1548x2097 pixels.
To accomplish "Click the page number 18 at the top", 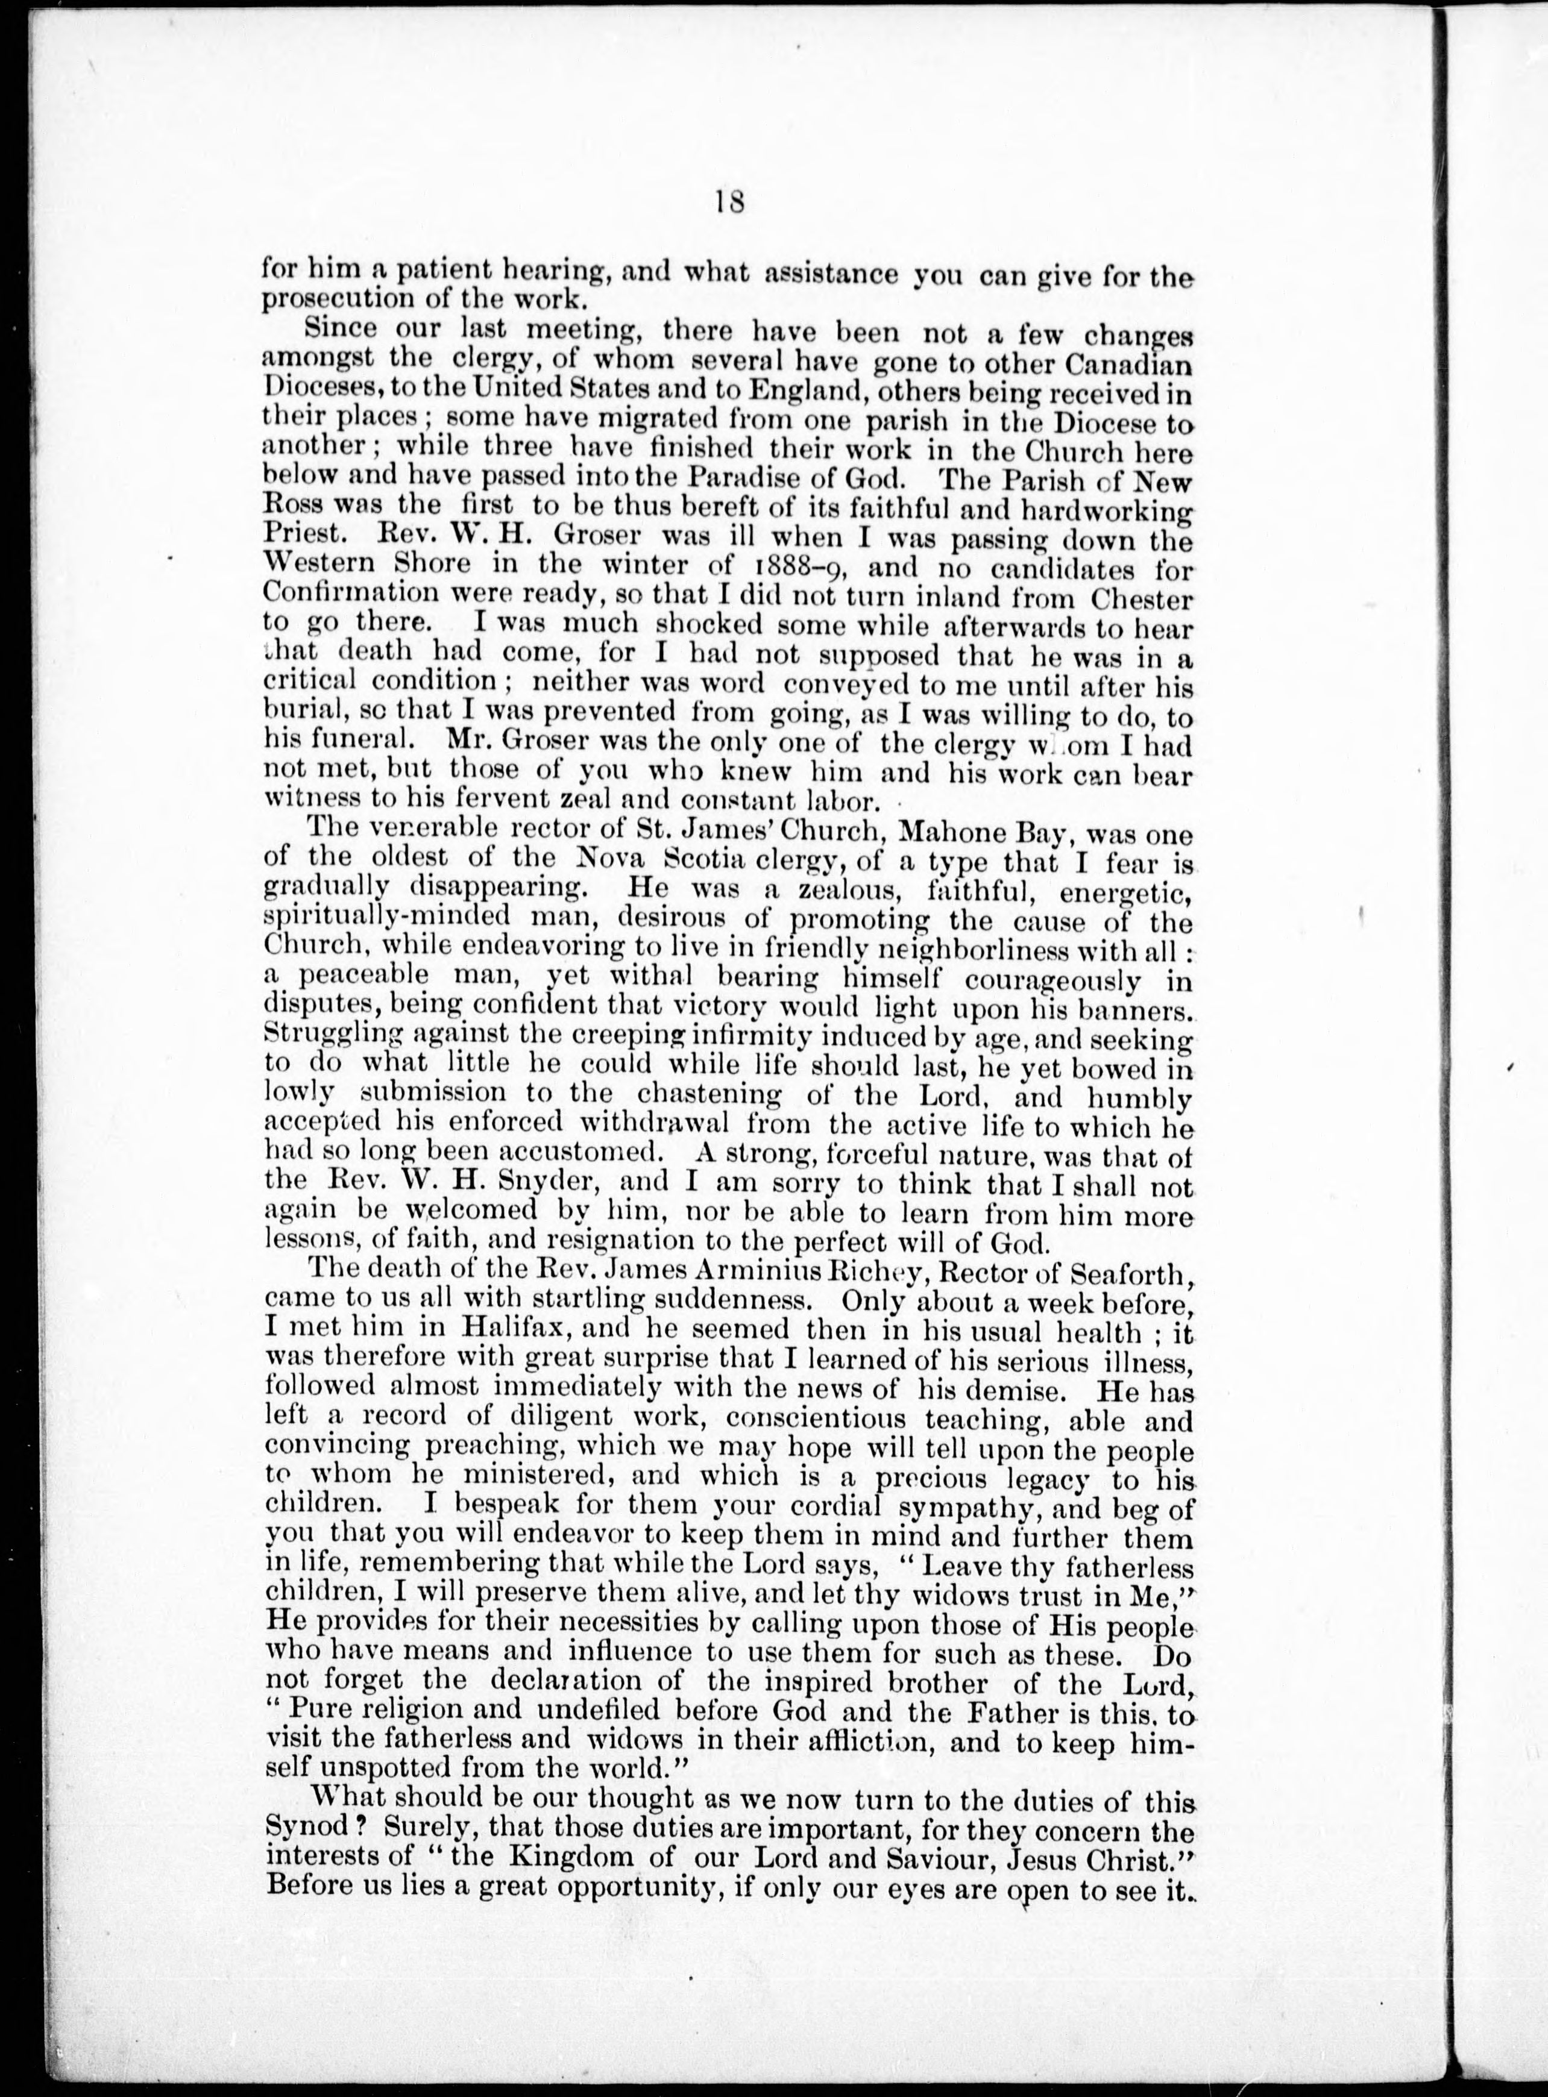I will [x=729, y=202].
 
